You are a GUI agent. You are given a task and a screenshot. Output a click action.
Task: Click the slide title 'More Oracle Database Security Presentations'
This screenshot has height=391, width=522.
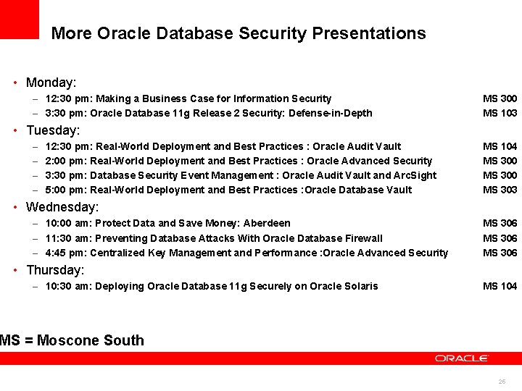tap(239, 33)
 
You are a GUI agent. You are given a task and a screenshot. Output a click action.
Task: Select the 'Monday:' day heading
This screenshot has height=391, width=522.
tap(51, 83)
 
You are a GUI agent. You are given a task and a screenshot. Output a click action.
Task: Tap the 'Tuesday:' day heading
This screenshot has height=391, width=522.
tap(53, 130)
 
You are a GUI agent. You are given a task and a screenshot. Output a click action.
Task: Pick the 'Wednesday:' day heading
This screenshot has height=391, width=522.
tap(62, 207)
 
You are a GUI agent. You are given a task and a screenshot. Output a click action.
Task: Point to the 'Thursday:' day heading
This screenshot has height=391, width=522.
tap(55, 270)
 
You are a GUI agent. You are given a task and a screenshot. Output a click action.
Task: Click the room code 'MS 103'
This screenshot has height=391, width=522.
tap(500, 113)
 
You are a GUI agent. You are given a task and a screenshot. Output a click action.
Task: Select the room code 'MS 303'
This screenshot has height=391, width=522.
tap(500, 190)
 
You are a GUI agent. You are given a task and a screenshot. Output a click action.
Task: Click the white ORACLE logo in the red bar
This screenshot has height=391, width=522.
tap(462, 358)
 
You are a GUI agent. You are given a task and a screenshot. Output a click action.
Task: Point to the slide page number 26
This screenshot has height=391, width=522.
tap(502, 382)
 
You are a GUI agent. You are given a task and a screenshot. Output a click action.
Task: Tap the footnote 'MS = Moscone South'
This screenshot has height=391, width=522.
tap(72, 340)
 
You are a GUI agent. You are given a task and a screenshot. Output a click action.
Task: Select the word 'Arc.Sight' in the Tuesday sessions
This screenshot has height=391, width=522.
tap(415, 175)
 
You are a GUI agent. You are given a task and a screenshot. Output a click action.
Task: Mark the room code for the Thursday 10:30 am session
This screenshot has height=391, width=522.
tap(500, 286)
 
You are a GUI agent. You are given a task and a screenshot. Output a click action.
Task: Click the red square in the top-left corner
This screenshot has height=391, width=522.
tap(19, 19)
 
